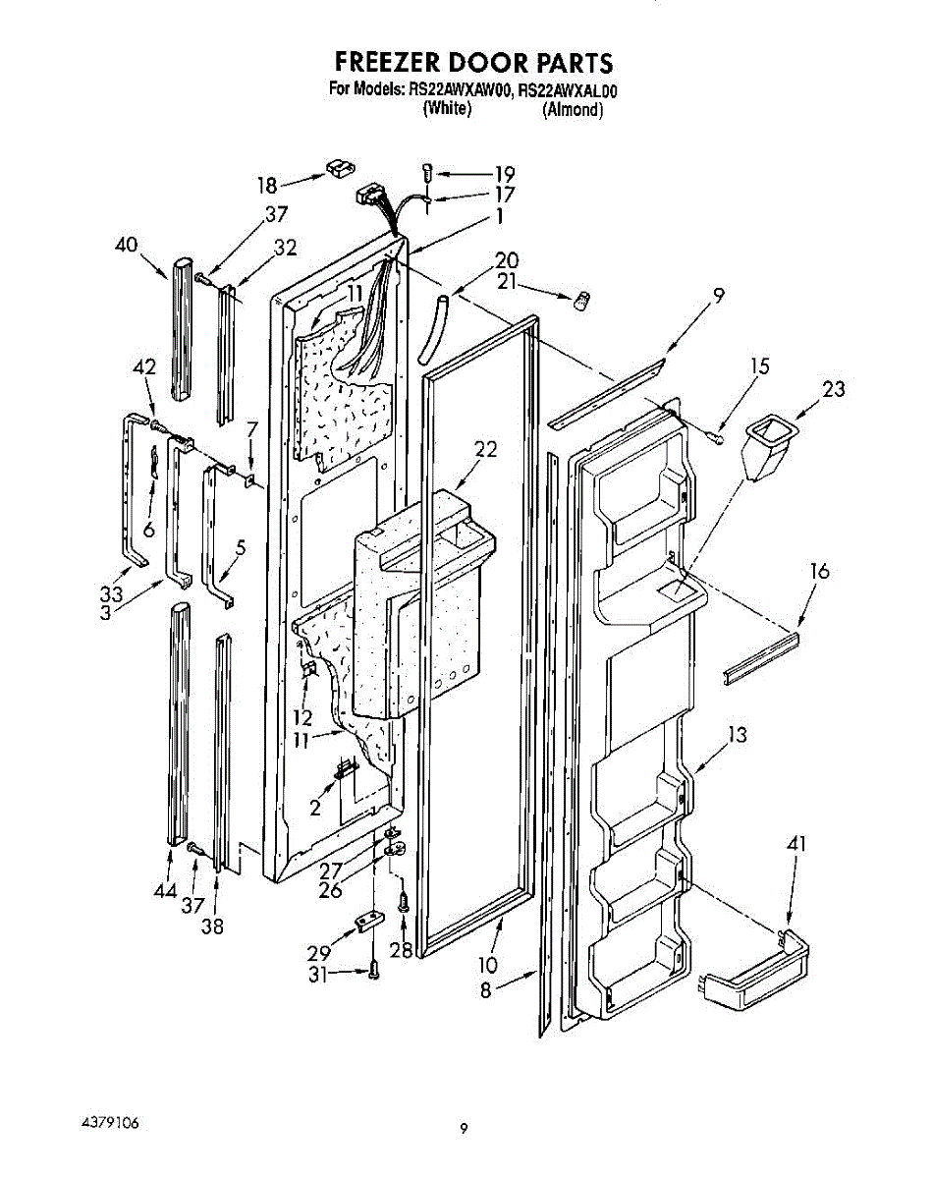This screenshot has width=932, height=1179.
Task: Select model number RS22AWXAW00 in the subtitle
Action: pyautogui.click(x=456, y=91)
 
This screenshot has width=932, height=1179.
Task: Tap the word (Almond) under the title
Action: pyautogui.click(x=573, y=109)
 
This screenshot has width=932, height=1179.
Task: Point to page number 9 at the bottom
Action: pyautogui.click(x=465, y=1128)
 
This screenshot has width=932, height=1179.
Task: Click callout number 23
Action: pyautogui.click(x=834, y=389)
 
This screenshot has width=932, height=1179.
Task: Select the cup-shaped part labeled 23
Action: pyautogui.click(x=769, y=448)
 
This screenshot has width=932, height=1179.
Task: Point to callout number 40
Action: pyautogui.click(x=125, y=247)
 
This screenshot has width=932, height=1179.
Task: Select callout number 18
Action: pyautogui.click(x=268, y=184)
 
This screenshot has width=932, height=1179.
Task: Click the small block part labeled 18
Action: pyautogui.click(x=338, y=169)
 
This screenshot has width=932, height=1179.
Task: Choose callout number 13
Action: pyautogui.click(x=738, y=734)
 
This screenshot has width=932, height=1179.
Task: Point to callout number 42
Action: pyautogui.click(x=144, y=366)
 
